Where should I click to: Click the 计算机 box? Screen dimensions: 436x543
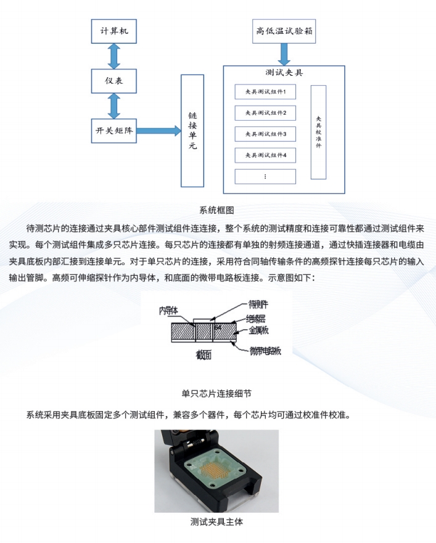[113, 31]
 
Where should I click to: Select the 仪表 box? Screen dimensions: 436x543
[113, 81]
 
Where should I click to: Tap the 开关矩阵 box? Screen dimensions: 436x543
[113, 131]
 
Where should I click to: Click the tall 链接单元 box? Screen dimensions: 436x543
[192, 131]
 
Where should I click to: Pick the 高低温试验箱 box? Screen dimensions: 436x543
[284, 31]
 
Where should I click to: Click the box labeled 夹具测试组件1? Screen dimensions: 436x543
[265, 92]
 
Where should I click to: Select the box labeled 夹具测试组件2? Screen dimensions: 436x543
[265, 113]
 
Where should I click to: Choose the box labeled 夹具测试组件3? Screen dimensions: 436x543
[265, 134]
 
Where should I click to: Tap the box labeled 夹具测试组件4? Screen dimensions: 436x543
[265, 155]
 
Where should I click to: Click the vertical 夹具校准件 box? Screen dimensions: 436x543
[318, 132]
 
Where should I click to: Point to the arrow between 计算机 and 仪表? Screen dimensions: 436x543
[113, 56]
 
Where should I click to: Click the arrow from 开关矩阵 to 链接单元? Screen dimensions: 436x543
[158, 131]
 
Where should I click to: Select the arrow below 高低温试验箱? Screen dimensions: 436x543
[284, 54]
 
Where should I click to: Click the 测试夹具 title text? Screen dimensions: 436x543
[284, 72]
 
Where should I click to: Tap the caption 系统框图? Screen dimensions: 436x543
[216, 210]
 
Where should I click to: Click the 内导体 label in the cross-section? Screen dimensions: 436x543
[168, 311]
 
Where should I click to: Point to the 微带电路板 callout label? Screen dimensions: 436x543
[265, 351]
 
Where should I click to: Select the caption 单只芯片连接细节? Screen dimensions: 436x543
[216, 393]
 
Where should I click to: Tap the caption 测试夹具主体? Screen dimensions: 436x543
[216, 521]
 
